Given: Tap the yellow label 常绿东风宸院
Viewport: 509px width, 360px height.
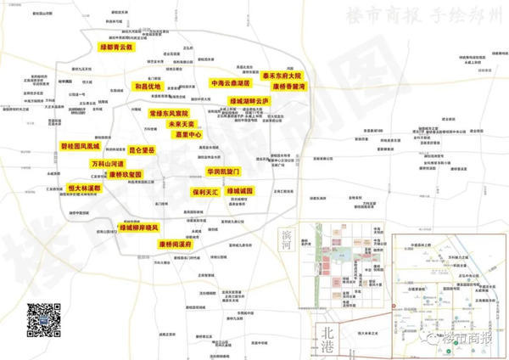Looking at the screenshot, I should pos(169,113).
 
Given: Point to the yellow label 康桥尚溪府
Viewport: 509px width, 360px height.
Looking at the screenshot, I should pos(178,245).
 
